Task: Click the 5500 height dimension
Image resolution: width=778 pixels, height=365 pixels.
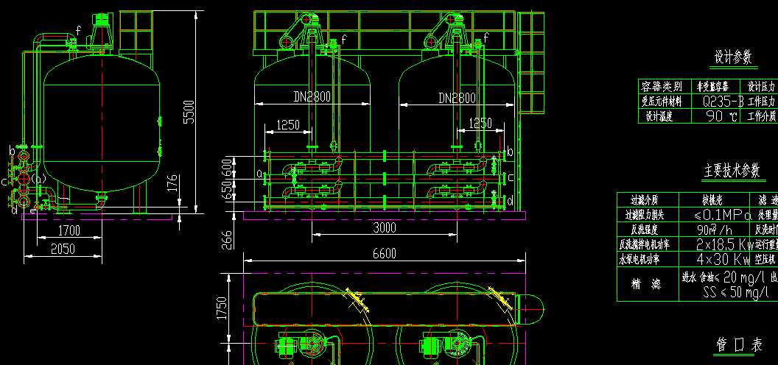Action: [x=189, y=111]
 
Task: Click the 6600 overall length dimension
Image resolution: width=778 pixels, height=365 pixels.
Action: [x=384, y=253]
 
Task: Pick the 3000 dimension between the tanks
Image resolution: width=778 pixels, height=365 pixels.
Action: [x=383, y=227]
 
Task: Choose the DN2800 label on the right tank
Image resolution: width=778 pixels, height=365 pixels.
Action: [x=457, y=97]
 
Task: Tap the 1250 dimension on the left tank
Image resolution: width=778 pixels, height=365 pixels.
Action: [x=287, y=125]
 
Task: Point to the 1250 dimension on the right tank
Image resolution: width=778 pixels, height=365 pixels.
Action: [x=480, y=124]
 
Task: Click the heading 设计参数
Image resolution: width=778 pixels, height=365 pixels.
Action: [x=733, y=57]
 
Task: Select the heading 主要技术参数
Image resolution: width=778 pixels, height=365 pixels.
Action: [x=731, y=171]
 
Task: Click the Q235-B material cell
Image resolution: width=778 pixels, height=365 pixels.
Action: [x=718, y=102]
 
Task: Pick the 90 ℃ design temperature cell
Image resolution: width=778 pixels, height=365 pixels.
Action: [x=721, y=116]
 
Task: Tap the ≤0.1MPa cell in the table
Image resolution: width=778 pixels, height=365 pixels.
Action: [x=721, y=215]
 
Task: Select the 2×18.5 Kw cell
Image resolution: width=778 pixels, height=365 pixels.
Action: [x=721, y=244]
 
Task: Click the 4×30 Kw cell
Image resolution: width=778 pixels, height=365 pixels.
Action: [x=721, y=259]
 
